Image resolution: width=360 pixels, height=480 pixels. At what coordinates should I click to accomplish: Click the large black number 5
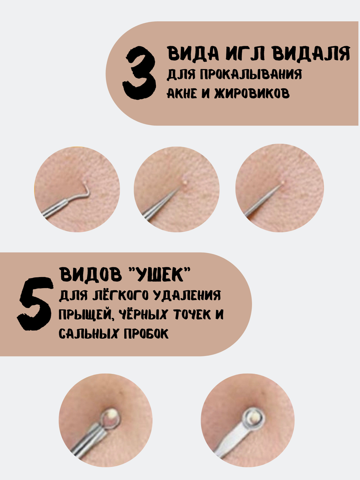click(x=35, y=304)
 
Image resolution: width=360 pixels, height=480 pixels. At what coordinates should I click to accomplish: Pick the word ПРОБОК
click(x=146, y=334)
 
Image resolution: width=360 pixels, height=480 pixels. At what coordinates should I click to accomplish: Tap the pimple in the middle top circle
click(x=185, y=182)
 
